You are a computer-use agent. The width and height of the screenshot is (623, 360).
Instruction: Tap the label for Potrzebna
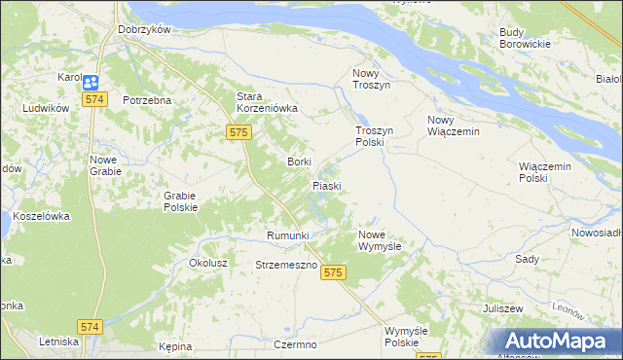coord(147,100)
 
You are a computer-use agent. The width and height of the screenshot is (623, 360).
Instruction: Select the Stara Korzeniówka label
coord(267,102)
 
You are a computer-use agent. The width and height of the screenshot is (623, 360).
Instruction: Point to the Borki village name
coord(298,162)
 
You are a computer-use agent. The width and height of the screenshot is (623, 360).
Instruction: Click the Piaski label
coord(326,185)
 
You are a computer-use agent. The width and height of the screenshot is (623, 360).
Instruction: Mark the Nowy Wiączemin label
coord(454,126)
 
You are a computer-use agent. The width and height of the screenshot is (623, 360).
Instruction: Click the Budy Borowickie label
coord(525,38)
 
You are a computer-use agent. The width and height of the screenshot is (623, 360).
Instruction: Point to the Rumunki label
coord(287,236)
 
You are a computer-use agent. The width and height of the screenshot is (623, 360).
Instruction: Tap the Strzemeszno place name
coord(286,265)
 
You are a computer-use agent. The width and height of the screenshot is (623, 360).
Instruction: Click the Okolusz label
coord(208,263)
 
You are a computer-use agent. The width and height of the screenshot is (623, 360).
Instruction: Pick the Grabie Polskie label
coord(181,200)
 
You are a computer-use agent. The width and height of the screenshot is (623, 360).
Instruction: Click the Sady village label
coord(527,260)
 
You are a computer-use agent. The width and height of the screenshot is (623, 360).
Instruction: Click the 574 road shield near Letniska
coord(91,327)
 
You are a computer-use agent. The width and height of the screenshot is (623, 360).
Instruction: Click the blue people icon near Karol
coord(91,84)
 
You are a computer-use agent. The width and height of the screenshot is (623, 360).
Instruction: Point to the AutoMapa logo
coord(557,341)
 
